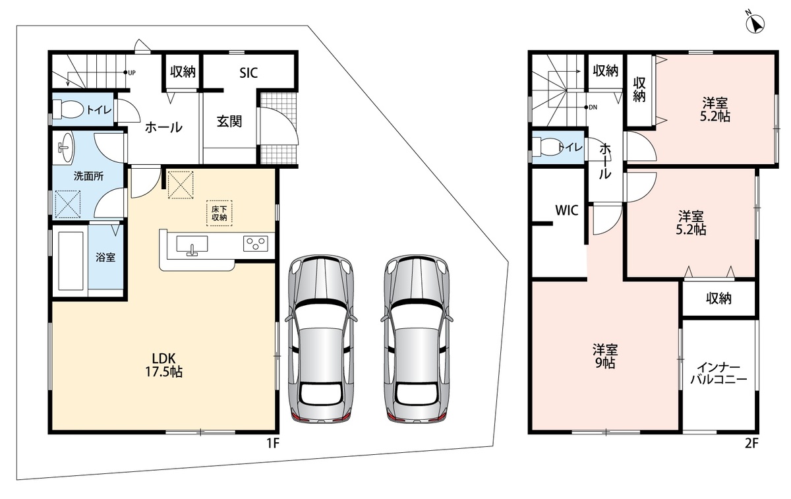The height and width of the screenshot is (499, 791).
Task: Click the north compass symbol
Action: [x=755, y=24]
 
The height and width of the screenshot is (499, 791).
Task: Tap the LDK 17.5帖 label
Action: [x=164, y=365]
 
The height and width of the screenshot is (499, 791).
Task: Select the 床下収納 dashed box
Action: [x=220, y=213]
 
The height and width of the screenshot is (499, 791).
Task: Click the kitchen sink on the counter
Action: [x=192, y=245]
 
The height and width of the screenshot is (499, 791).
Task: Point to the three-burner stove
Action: [x=256, y=244]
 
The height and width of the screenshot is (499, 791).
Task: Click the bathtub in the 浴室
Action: [x=71, y=260]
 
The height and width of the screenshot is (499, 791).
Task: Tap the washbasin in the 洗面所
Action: [x=65, y=147]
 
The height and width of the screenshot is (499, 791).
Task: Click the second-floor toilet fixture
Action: [x=547, y=147]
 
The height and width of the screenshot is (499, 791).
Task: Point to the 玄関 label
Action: [x=229, y=121]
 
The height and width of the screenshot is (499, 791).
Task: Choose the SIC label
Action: [x=249, y=73]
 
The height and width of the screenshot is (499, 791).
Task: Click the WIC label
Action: [x=567, y=210]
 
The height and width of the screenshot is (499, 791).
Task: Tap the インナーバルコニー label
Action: [x=718, y=373]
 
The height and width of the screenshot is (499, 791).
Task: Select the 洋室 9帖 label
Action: [x=605, y=356]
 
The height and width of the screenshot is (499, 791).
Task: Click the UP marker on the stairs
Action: [x=130, y=73]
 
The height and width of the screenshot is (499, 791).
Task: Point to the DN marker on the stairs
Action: [x=591, y=107]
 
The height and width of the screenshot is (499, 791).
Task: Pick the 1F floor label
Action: [x=274, y=443]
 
